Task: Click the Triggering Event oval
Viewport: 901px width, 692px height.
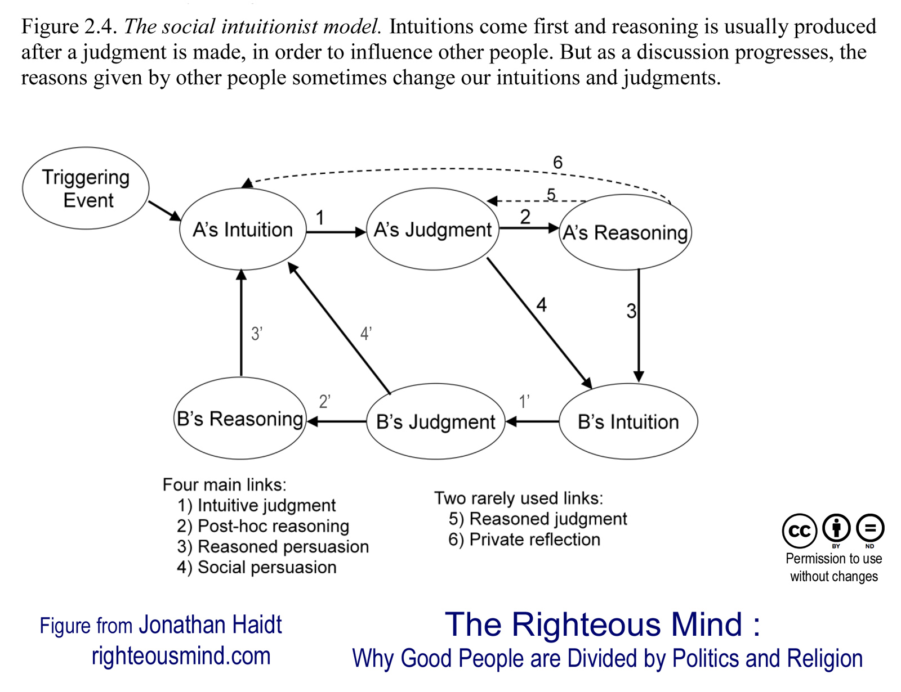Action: [86, 188]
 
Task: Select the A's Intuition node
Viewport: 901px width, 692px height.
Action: [243, 230]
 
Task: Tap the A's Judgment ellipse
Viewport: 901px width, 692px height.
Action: [432, 230]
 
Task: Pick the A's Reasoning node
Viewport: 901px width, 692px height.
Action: [625, 232]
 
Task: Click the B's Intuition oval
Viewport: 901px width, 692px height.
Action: [628, 421]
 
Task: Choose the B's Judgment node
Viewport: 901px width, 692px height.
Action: [435, 421]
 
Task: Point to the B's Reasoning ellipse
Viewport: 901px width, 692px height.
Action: [240, 419]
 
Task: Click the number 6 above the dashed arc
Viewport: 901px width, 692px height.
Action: [557, 163]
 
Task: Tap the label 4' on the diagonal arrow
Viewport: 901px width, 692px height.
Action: [366, 334]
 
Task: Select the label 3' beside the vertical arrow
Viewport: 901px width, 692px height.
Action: [257, 334]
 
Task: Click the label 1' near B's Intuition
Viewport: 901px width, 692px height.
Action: [524, 402]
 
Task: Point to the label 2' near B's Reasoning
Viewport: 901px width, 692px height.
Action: [324, 402]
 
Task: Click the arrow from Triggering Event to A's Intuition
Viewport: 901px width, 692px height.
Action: [164, 210]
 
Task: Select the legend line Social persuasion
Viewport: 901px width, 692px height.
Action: [257, 567]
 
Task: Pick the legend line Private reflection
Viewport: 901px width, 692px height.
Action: [524, 540]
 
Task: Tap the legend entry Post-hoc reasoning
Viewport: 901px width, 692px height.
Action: [263, 526]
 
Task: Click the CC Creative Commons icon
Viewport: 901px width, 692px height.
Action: [799, 531]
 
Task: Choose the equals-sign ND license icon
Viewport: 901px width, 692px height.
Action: [870, 528]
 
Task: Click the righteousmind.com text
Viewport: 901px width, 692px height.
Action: [181, 656]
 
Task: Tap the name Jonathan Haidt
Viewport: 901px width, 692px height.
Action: [210, 625]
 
